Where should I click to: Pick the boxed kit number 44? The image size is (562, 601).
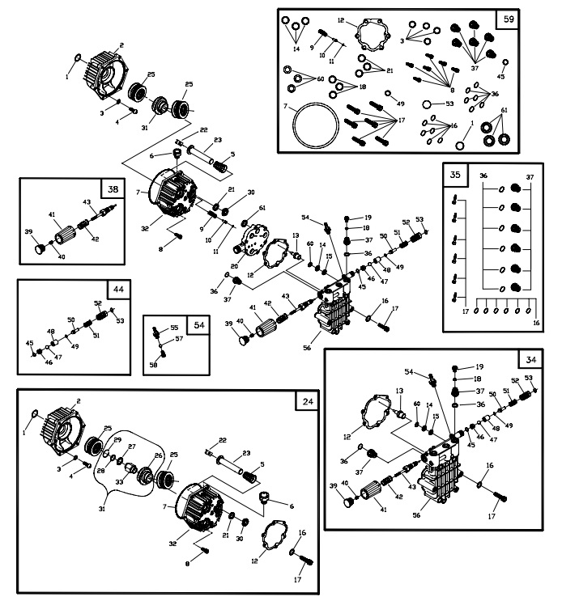(x=119, y=290)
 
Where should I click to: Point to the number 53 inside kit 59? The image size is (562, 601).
(x=449, y=104)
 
